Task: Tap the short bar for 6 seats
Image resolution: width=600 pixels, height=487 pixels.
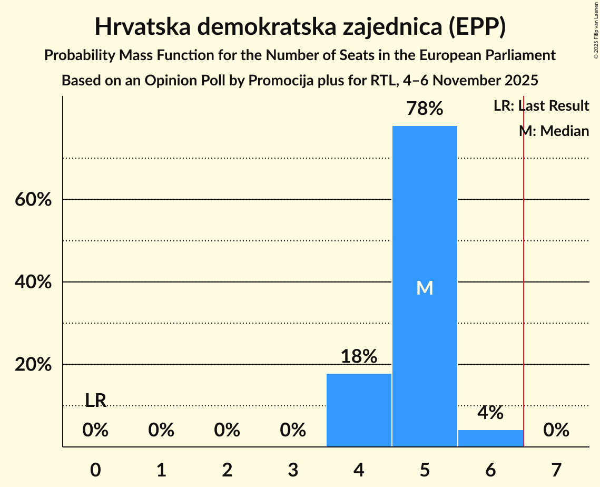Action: click(x=490, y=438)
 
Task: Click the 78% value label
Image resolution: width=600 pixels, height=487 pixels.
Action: click(x=425, y=109)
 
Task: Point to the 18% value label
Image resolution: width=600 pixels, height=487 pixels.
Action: click(x=359, y=357)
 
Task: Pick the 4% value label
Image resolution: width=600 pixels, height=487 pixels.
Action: click(x=490, y=413)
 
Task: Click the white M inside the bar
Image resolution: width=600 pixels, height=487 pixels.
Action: click(x=425, y=288)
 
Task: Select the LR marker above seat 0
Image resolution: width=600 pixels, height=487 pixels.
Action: click(x=95, y=401)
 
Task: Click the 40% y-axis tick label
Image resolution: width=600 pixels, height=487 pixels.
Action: click(x=33, y=283)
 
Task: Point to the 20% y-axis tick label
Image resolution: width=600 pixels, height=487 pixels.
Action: click(x=33, y=365)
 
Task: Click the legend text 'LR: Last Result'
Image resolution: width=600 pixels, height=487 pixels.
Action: click(x=541, y=106)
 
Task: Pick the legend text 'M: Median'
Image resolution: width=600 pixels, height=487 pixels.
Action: click(x=554, y=131)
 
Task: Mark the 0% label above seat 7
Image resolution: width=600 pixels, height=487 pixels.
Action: click(x=556, y=431)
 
